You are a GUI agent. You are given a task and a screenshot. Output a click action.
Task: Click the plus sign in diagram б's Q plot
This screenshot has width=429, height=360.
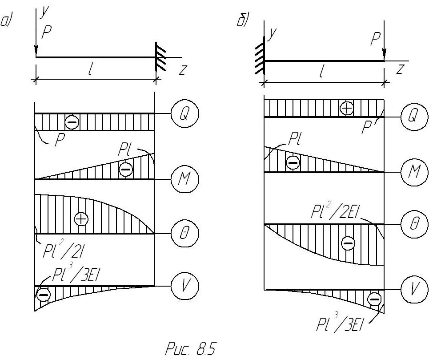pyautogui.click(x=346, y=108)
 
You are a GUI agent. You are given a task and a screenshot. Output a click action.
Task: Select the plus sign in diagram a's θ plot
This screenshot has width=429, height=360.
pyautogui.click(x=81, y=219)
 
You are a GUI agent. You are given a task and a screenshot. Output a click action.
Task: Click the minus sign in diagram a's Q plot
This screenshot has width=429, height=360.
pyautogui.click(x=72, y=121)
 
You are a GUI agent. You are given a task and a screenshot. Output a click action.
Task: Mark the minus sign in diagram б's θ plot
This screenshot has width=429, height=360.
pyautogui.click(x=348, y=243)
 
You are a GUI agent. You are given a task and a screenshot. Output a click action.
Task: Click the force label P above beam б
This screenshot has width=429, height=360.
pyautogui.click(x=376, y=40)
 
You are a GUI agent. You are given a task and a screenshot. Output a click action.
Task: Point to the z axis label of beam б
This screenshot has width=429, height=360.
pyautogui.click(x=400, y=69)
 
